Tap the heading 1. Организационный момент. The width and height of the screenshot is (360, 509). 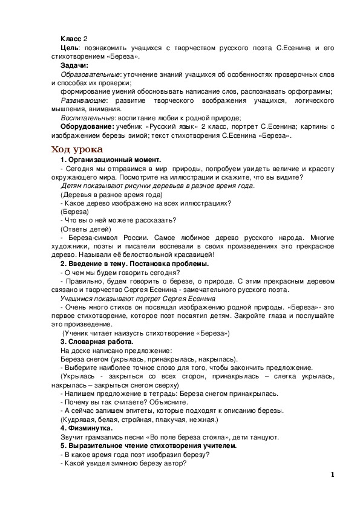106,159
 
